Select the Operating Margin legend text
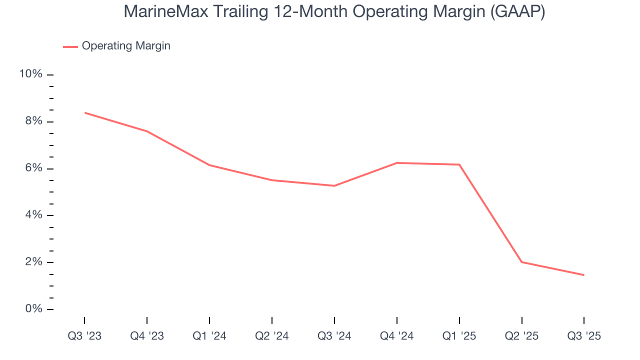point(126,46)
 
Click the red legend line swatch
point(70,46)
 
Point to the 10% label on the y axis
point(31,74)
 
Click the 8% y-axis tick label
point(33,121)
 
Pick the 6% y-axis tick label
point(33,168)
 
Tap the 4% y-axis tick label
point(33,215)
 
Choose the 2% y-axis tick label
point(33,262)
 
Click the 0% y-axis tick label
point(33,309)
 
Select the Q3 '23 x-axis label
point(84,336)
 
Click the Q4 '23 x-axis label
point(147,336)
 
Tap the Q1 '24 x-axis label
point(209,336)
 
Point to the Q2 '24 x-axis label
point(272,336)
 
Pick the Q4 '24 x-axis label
point(397,336)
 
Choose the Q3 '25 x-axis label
point(584,336)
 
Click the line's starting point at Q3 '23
point(84,113)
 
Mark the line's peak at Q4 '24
point(397,163)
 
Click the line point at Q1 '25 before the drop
point(459,164)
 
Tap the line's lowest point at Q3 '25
point(583,275)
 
